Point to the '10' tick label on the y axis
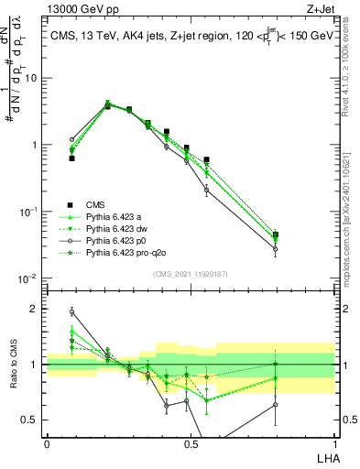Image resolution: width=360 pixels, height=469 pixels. click(32, 78)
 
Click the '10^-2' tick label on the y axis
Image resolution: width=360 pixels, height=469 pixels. click(29, 278)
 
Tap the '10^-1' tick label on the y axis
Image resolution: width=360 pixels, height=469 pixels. click(29, 212)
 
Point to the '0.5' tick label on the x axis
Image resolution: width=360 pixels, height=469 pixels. click(190, 444)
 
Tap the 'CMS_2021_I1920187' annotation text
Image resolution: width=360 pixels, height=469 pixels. click(191, 273)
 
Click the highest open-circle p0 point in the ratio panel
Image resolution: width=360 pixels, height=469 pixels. click(71, 311)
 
